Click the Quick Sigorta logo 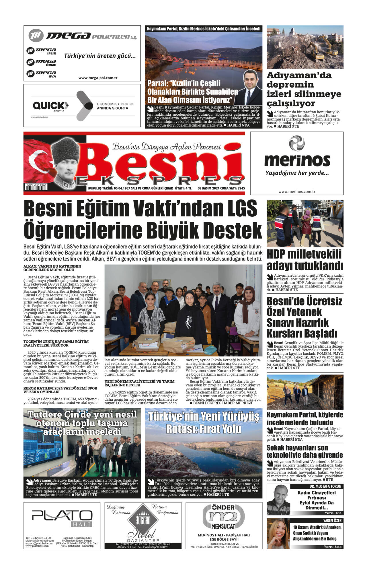[50, 106]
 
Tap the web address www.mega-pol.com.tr [98, 78]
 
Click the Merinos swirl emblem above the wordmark [296, 143]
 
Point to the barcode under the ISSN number [36, 188]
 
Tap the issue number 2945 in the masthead [241, 188]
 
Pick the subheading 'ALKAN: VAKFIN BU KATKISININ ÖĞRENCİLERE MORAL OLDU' [52, 268]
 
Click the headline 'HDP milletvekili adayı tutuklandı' [305, 260]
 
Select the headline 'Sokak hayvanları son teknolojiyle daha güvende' [305, 451]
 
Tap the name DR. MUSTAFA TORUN [325, 486]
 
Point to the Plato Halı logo [62, 517]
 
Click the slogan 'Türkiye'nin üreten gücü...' [100, 56]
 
